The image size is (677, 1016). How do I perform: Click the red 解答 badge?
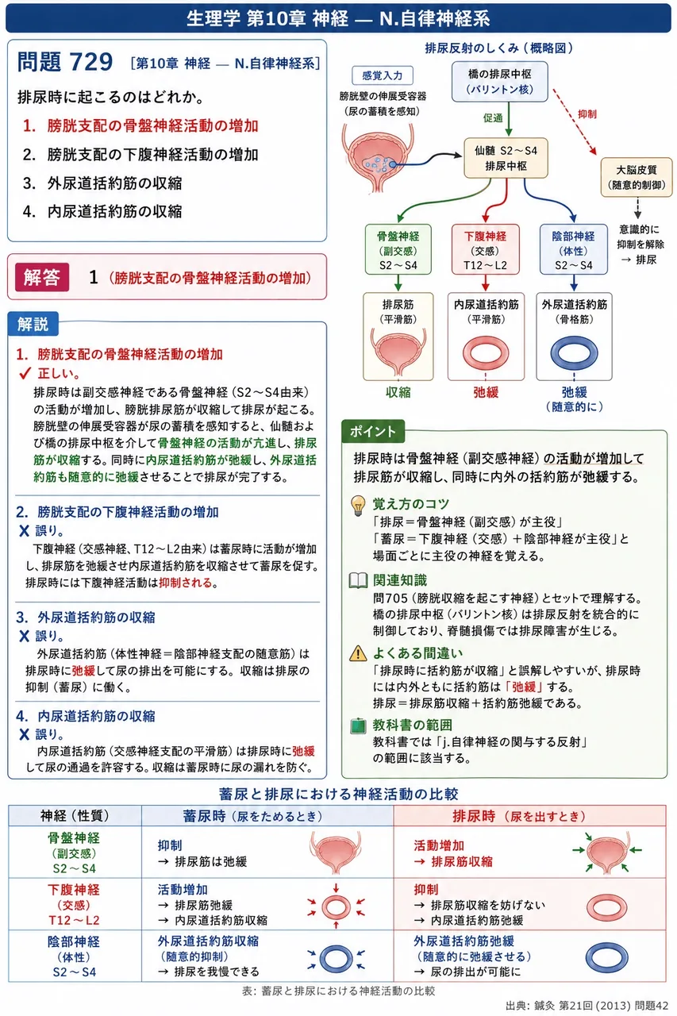click(42, 277)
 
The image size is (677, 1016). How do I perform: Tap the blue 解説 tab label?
click(33, 324)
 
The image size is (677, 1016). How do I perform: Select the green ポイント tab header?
click(373, 431)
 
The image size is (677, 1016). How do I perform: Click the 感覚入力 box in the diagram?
click(383, 75)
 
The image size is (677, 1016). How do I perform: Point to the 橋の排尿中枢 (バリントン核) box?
click(500, 82)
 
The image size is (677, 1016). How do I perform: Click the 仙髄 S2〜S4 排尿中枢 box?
click(506, 158)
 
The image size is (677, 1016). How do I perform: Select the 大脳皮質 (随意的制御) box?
click(637, 177)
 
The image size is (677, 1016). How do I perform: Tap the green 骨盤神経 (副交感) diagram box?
click(398, 249)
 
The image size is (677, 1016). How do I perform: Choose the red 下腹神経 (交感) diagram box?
click(485, 249)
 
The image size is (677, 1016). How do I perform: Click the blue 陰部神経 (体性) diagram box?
click(574, 249)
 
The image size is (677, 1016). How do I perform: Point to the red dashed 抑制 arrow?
click(574, 121)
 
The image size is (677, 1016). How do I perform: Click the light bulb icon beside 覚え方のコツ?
click(358, 506)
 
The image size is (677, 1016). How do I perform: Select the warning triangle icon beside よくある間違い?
click(358, 653)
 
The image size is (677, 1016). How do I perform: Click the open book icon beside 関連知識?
click(358, 580)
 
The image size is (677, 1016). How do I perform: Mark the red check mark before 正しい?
click(25, 373)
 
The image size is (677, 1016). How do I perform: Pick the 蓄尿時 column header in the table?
click(252, 817)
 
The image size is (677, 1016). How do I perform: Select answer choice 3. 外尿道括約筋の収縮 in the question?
click(102, 183)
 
